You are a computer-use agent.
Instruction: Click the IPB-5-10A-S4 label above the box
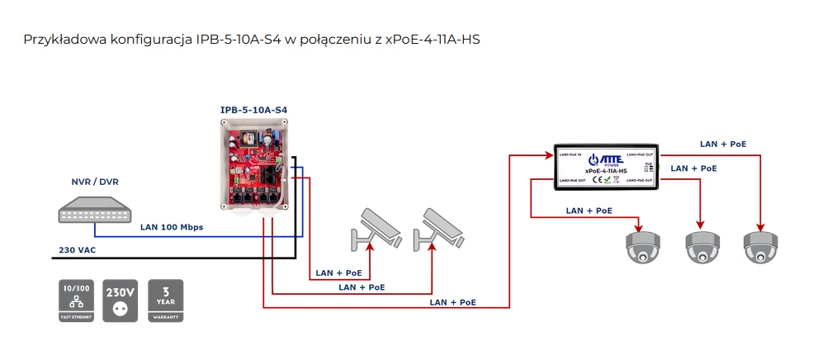pyautogui.click(x=253, y=110)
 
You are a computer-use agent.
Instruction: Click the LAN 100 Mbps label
pyautogui.click(x=172, y=226)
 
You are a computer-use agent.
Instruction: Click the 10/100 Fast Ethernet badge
pyautogui.click(x=77, y=301)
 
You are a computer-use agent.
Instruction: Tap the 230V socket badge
pyautogui.click(x=121, y=301)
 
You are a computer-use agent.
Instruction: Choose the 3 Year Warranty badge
pyautogui.click(x=165, y=301)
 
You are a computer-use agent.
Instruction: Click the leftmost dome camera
pyautogui.click(x=641, y=246)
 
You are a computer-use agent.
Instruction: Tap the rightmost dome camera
pyautogui.click(x=759, y=246)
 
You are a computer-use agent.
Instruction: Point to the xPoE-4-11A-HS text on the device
pyautogui.click(x=605, y=172)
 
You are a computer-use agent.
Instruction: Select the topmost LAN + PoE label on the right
pyautogui.click(x=722, y=144)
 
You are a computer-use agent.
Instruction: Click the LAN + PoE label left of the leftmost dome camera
pyautogui.click(x=589, y=211)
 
